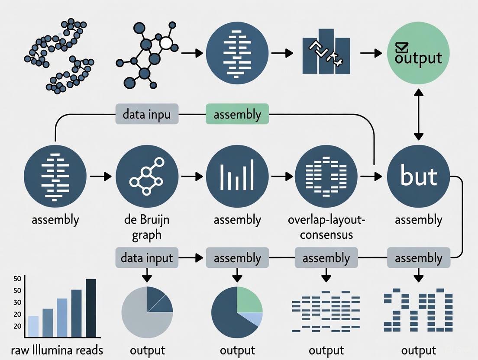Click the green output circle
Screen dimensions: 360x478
pos(418,54)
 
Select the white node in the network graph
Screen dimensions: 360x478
pos(166,43)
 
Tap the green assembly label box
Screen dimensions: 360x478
pos(237,115)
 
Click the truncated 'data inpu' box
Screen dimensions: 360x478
pos(147,115)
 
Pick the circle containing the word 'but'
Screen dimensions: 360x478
pos(418,177)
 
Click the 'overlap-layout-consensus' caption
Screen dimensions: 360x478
pos(326,227)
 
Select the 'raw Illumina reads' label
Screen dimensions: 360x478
pos(58,350)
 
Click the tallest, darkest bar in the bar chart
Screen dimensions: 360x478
pos(91,308)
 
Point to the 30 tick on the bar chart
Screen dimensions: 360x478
pos(18,302)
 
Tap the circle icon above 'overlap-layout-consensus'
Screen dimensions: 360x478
pos(326,177)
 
